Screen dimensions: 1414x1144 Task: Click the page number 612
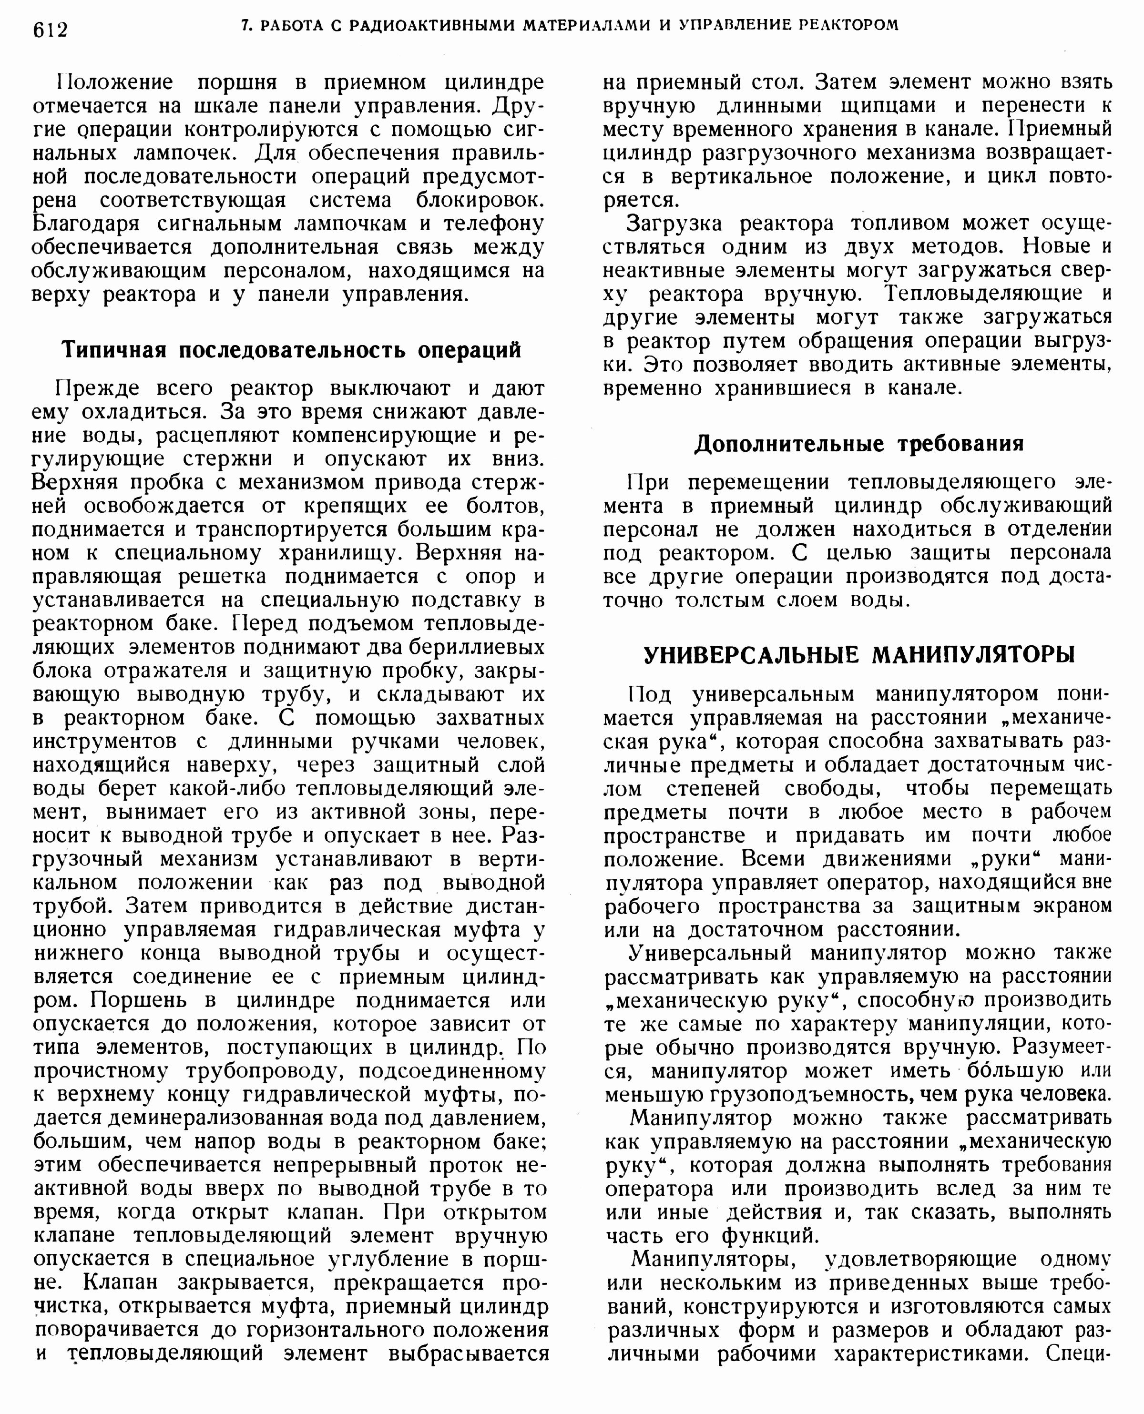click(50, 29)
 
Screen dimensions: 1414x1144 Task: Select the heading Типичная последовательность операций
click(291, 350)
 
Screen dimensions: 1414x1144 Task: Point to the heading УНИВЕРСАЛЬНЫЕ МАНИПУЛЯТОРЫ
click(858, 654)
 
